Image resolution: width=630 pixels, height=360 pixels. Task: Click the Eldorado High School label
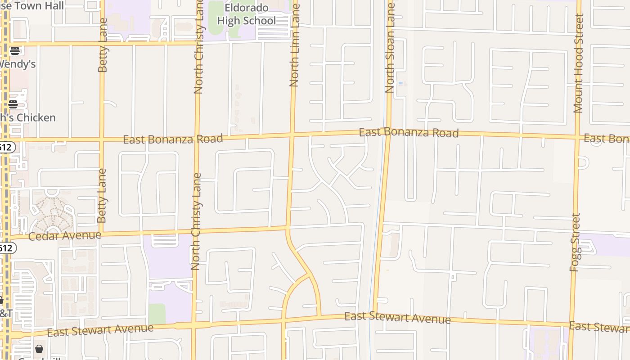click(246, 14)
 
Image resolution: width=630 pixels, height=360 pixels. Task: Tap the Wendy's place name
click(17, 64)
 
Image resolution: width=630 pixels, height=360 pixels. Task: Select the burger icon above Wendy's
click(15, 50)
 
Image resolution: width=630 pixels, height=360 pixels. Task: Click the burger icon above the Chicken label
click(13, 104)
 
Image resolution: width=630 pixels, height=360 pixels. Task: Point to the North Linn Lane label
click(295, 45)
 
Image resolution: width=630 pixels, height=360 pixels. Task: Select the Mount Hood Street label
click(578, 63)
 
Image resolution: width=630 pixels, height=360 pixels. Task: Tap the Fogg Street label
click(575, 242)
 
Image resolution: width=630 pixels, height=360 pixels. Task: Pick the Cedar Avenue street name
click(65, 236)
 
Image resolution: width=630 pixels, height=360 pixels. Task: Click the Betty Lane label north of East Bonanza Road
click(103, 45)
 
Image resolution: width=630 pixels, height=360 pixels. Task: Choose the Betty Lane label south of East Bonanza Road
click(102, 195)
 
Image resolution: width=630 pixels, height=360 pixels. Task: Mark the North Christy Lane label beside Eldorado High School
click(198, 47)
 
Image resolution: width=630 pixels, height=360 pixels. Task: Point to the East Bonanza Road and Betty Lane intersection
click(102, 139)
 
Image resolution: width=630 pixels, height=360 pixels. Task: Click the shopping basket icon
click(39, 349)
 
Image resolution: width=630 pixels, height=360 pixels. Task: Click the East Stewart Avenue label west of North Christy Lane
click(100, 330)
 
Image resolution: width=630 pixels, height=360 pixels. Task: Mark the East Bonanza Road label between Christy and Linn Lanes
click(173, 139)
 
